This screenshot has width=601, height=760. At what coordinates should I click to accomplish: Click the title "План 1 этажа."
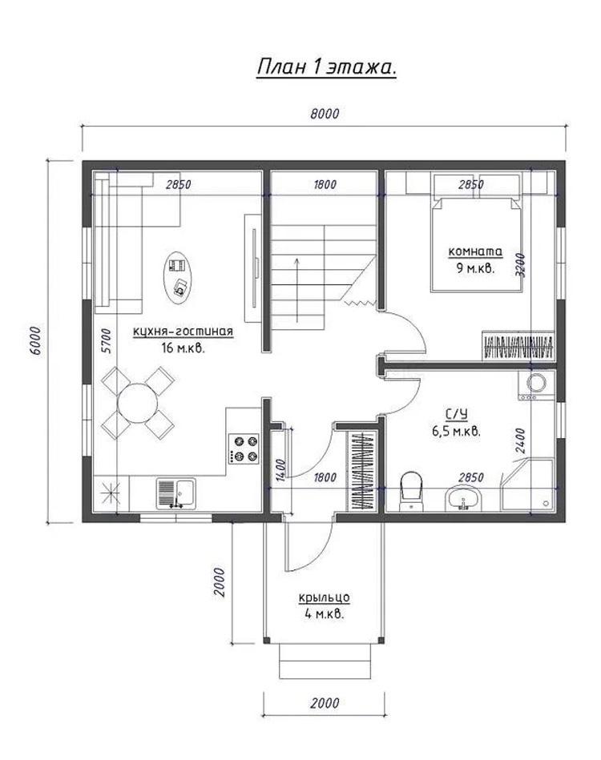point(326,67)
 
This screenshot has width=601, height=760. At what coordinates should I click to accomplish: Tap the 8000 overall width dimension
point(325,114)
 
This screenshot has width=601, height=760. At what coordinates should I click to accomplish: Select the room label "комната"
point(475,252)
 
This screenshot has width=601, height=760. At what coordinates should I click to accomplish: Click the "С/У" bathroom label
point(456,414)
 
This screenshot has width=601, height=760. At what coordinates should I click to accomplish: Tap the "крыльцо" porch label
point(324,598)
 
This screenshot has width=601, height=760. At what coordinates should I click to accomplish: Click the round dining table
point(138,404)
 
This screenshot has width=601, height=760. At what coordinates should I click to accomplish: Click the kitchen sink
point(176,493)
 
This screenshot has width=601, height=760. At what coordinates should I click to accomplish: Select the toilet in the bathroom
point(411,490)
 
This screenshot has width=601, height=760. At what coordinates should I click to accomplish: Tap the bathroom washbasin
point(462,499)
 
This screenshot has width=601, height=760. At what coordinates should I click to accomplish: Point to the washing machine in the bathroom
point(535,384)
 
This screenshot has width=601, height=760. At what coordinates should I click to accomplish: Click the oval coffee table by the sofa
point(178,278)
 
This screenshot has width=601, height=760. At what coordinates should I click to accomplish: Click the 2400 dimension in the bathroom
point(519,440)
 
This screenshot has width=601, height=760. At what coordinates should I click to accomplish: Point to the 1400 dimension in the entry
point(280,469)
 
